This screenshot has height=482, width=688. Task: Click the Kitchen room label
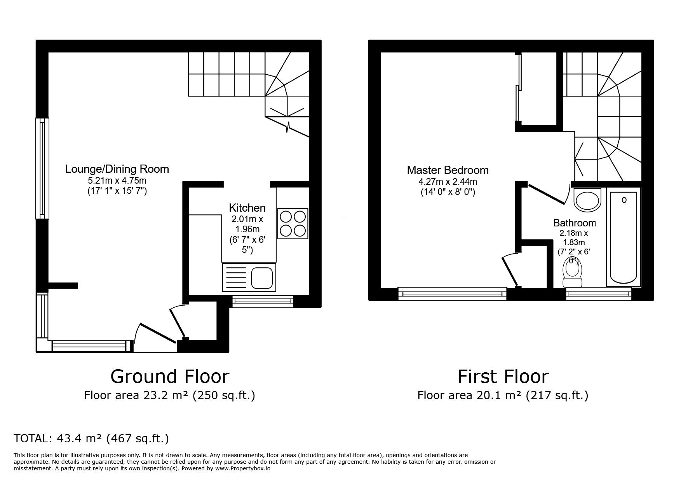(247, 207)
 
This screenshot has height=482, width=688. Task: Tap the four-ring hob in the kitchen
(293, 223)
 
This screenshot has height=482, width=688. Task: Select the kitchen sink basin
(261, 277)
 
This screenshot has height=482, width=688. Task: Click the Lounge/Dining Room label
(117, 169)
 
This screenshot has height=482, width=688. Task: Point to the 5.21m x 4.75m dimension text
(117, 181)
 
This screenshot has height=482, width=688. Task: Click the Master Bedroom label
(448, 170)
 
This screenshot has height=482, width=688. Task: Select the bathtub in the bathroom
(623, 237)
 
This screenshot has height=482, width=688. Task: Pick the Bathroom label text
(574, 223)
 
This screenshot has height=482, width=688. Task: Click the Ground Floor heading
(170, 377)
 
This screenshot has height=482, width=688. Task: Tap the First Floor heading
(503, 377)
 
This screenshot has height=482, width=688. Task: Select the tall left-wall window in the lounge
(42, 168)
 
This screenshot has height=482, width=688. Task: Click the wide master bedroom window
(452, 294)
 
